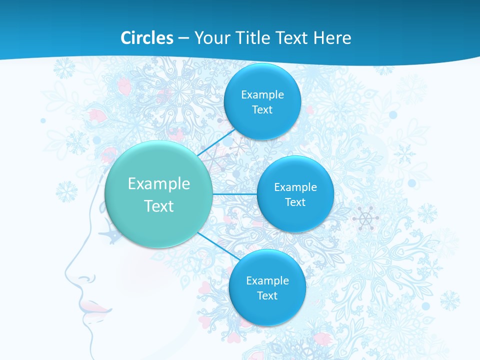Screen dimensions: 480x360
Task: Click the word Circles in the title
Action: [x=147, y=38]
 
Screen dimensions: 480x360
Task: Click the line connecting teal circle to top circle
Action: [x=216, y=144]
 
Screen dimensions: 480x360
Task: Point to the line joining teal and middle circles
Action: [x=234, y=194]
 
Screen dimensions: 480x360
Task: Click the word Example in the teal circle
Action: [x=159, y=184]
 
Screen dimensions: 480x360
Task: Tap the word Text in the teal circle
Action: [x=159, y=206]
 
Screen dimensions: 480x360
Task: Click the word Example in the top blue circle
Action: [x=262, y=94]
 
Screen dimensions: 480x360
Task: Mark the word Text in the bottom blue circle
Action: [x=267, y=296]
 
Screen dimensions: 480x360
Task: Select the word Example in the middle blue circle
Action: [x=295, y=187]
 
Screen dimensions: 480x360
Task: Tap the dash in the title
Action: [x=183, y=38]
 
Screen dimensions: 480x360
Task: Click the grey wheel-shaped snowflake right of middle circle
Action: [x=365, y=218]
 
